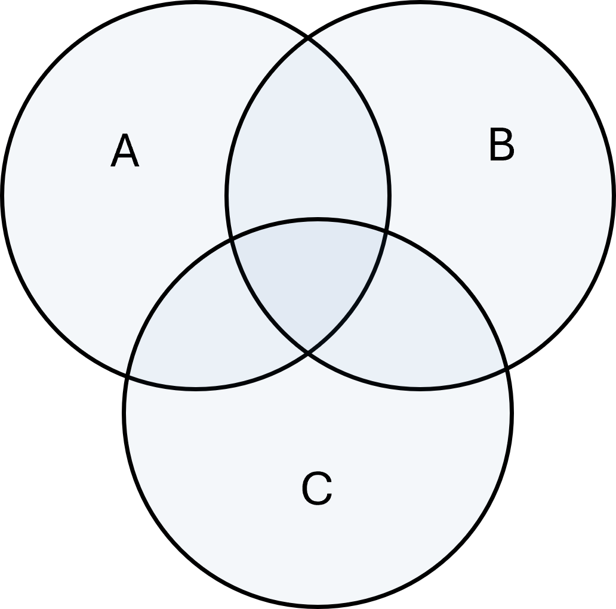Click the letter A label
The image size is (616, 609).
pyautogui.click(x=125, y=152)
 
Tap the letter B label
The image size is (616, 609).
pyautogui.click(x=501, y=145)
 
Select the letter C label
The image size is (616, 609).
pyautogui.click(x=316, y=489)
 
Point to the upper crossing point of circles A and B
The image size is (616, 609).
pyautogui.click(x=308, y=39)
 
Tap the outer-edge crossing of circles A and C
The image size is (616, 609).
pyautogui.click(x=128, y=374)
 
